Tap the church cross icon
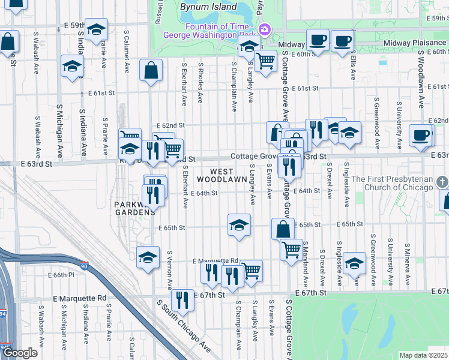[x=441, y=181]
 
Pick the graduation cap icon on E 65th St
[x=239, y=225]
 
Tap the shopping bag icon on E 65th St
[x=283, y=229]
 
